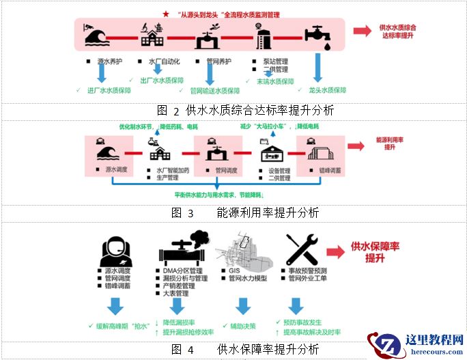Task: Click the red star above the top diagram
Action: pos(166,13)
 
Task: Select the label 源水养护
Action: pos(112,61)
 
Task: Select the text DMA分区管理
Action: pos(180,270)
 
